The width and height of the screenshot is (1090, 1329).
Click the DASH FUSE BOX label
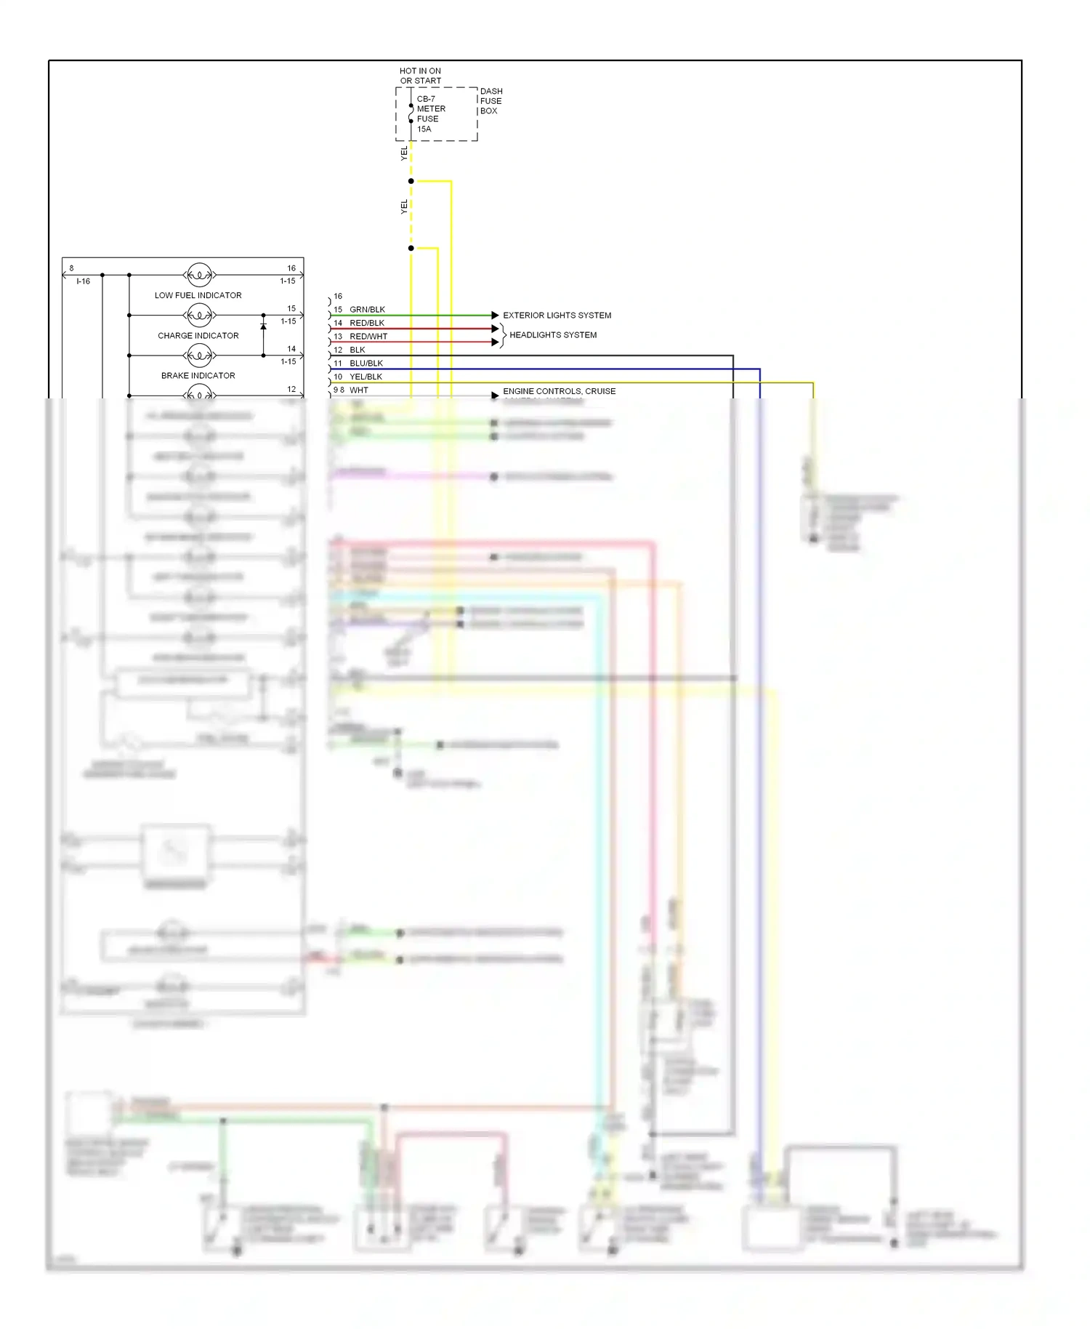(x=490, y=101)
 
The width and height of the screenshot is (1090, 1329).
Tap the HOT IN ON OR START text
(x=420, y=76)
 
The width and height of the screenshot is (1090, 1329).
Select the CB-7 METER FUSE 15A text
(x=430, y=114)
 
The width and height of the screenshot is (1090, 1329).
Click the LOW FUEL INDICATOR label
(x=198, y=295)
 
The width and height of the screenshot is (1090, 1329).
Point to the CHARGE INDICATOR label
(x=198, y=335)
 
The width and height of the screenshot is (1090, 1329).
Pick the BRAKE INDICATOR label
(x=198, y=375)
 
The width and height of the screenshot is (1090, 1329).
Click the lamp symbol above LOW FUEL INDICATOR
(x=199, y=275)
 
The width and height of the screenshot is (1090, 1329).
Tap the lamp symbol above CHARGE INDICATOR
(x=199, y=315)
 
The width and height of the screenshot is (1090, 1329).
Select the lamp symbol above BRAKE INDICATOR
(x=199, y=355)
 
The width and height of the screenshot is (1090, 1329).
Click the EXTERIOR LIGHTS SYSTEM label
(x=557, y=316)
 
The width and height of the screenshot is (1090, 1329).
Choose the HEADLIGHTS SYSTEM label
(x=553, y=335)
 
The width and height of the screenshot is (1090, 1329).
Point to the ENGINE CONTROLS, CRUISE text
(x=559, y=391)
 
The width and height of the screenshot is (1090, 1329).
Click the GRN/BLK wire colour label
(x=367, y=310)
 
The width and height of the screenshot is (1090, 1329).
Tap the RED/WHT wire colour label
(x=368, y=337)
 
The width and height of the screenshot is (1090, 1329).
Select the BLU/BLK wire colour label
(x=366, y=364)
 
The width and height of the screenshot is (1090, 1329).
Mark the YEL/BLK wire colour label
(x=366, y=377)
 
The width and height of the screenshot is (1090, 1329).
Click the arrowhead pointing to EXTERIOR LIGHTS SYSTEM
(x=495, y=316)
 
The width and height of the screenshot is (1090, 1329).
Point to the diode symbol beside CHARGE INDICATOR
(x=263, y=326)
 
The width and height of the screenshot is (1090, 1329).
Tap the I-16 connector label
(x=83, y=281)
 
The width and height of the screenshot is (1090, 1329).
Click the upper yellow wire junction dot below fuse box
(x=411, y=181)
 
